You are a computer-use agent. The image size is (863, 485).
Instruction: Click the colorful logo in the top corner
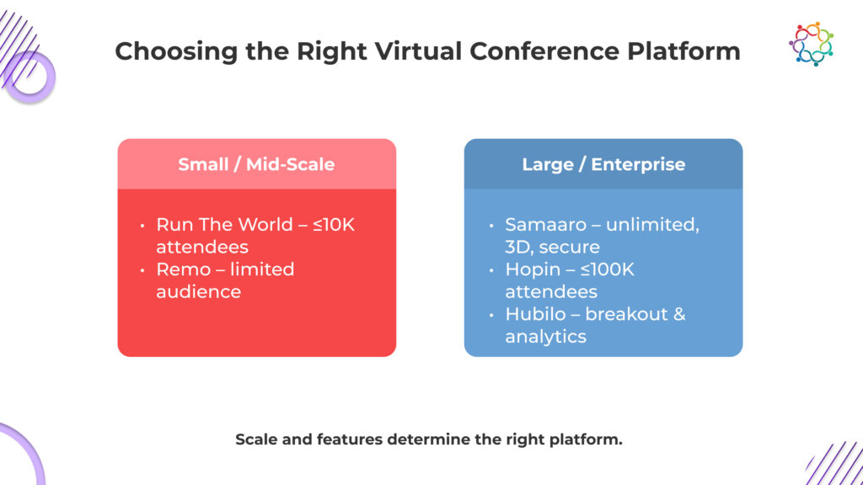812,44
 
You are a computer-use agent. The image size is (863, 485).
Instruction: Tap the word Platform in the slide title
683,51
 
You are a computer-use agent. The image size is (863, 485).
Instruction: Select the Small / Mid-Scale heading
256,164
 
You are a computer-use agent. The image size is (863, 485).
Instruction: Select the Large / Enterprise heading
603,164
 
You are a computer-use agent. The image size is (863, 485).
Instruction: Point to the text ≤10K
334,224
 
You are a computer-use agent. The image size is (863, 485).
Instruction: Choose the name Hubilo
535,313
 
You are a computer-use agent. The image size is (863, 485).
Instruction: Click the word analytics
545,337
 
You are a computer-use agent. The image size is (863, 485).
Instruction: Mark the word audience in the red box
198,291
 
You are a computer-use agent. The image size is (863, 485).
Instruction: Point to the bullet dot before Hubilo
491,315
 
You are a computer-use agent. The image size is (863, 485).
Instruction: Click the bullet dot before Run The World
142,226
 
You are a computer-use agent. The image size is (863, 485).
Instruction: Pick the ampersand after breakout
679,313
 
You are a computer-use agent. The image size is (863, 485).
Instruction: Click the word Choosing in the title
176,52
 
